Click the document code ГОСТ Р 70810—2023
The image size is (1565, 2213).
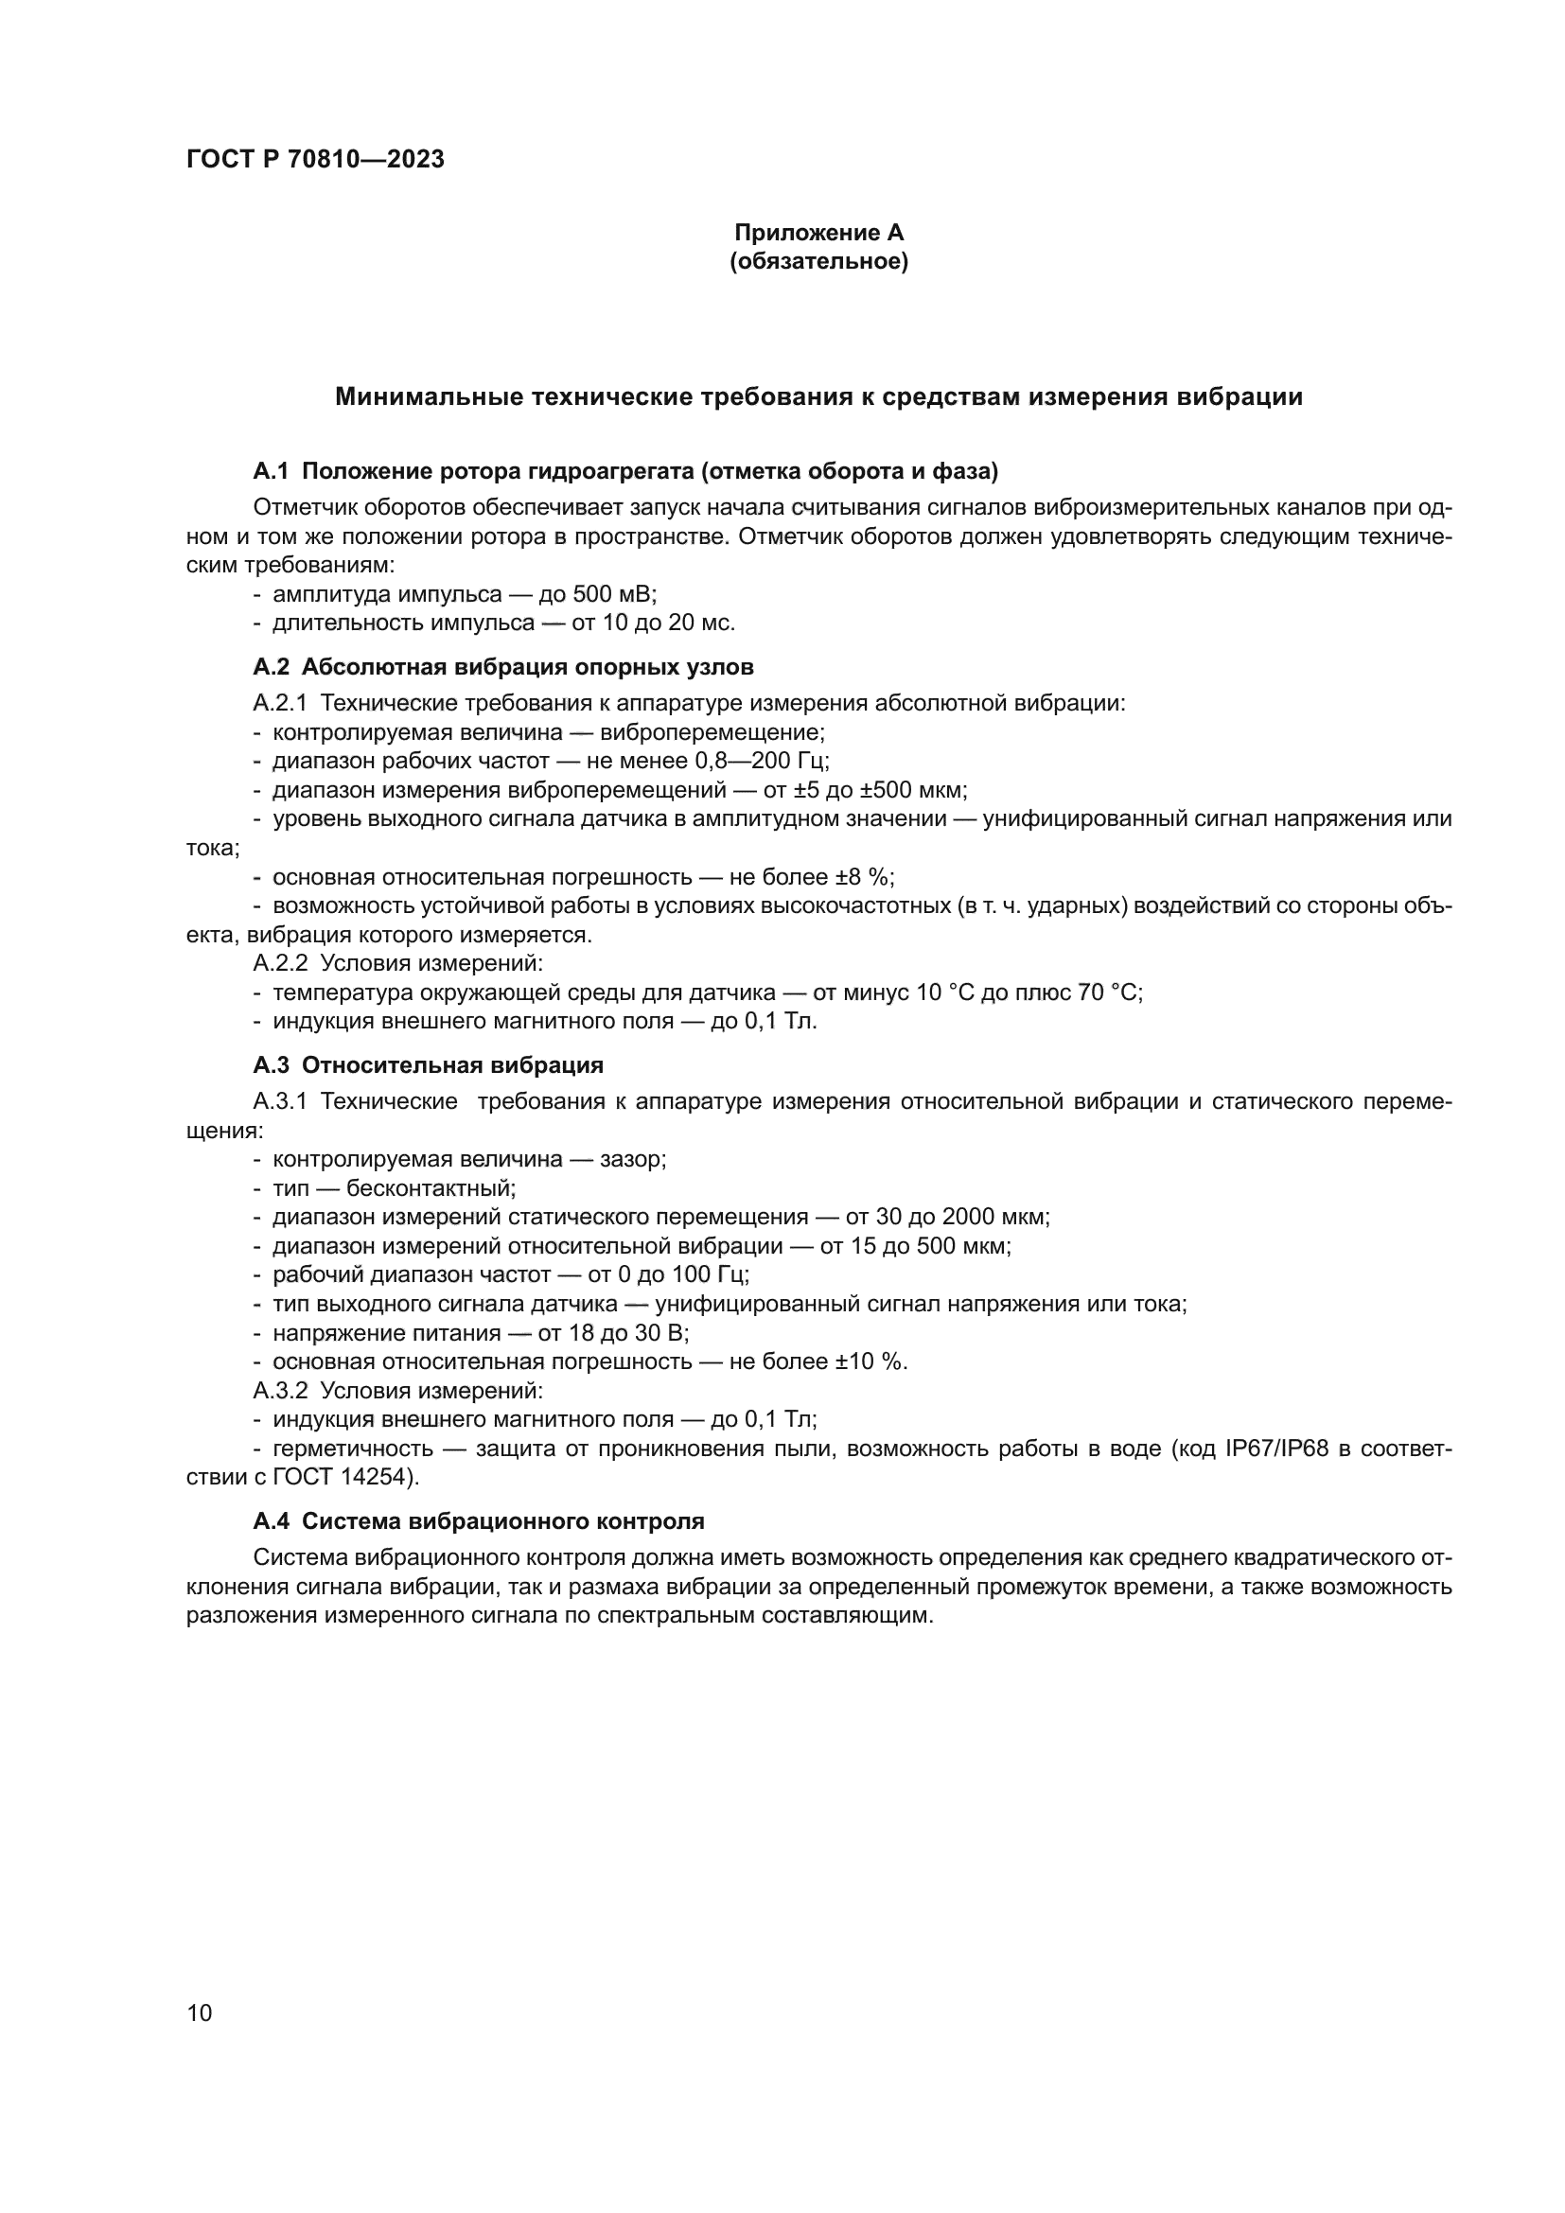click(315, 160)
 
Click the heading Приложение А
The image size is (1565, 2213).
click(819, 233)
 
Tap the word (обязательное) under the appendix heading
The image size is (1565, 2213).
click(819, 261)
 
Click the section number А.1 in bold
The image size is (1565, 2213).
click(272, 471)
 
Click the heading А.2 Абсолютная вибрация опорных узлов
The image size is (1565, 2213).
click(503, 667)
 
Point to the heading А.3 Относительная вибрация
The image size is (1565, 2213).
click(428, 1065)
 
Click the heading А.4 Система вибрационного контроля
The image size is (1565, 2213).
click(479, 1521)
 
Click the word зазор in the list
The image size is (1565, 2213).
click(631, 1160)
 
